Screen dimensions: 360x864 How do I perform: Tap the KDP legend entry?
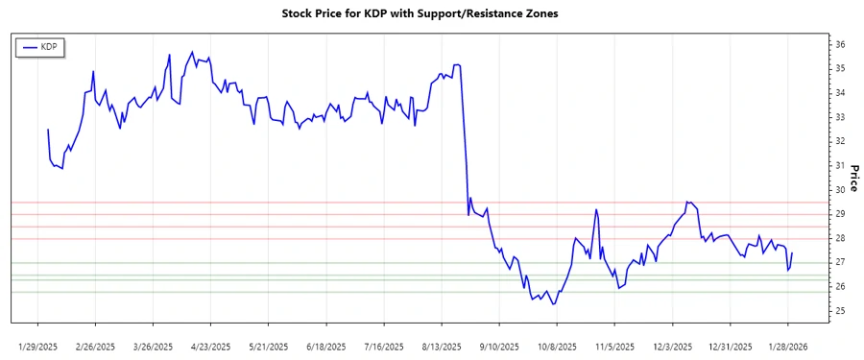(x=40, y=46)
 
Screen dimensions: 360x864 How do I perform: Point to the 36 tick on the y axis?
(x=840, y=44)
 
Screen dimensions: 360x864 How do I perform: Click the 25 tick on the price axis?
(x=840, y=311)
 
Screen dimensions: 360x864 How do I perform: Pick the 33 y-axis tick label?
(x=840, y=117)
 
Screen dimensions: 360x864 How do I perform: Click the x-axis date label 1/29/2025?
(x=39, y=346)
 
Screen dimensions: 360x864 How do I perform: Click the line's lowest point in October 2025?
(x=553, y=304)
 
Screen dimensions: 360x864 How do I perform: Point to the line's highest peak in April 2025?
(x=192, y=52)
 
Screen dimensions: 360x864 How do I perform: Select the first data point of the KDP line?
(x=48, y=130)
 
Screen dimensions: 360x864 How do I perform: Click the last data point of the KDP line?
(x=792, y=253)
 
